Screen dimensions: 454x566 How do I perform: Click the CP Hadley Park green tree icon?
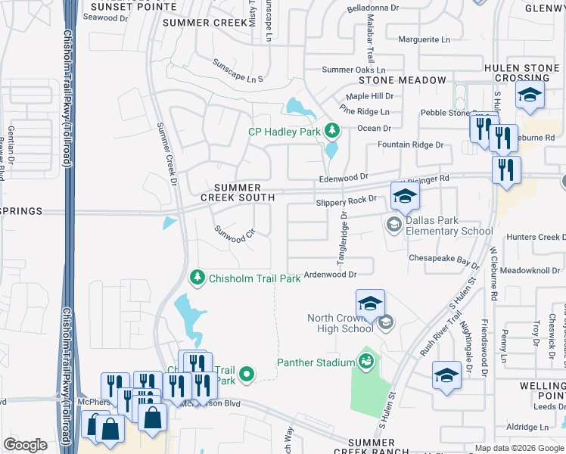331,132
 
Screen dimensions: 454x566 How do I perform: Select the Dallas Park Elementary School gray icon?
393,224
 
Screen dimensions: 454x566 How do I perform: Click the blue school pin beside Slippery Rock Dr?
405,197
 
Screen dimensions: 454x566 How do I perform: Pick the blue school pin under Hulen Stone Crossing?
530,95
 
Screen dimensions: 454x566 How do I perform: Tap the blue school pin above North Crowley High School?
369,303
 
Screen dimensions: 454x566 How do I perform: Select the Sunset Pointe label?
132,7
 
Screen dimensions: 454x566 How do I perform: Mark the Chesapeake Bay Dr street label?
444,260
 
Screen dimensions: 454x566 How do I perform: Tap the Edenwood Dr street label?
343,177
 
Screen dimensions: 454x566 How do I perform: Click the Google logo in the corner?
25,445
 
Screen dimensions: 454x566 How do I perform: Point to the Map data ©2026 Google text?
518,448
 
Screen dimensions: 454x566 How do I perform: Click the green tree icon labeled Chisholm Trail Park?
197,278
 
